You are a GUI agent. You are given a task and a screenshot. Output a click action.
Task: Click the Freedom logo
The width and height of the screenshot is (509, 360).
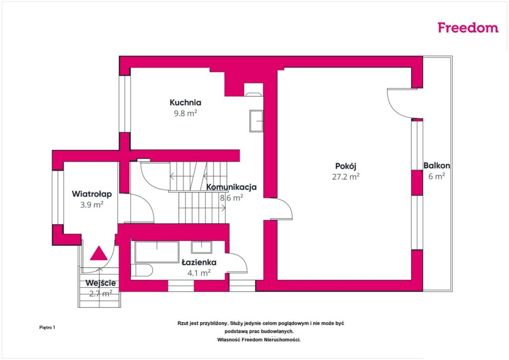pos(468,27)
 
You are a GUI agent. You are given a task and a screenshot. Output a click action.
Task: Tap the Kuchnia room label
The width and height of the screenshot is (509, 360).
pos(185,102)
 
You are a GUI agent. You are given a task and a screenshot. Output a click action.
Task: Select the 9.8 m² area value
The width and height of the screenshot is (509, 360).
pos(185,113)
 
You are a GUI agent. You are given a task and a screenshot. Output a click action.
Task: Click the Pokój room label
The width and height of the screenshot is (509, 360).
pos(346,166)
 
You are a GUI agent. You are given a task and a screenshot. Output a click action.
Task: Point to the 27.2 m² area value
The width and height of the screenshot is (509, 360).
pos(346,177)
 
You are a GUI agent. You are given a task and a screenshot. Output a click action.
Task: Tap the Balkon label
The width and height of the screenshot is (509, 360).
pos(436,166)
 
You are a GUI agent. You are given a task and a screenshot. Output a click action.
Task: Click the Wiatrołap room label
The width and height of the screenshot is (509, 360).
pos(92,194)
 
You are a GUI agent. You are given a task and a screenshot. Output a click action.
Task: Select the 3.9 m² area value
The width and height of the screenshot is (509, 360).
pos(92,205)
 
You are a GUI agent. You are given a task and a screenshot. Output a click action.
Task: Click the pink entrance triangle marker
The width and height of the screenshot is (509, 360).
pos(99,253)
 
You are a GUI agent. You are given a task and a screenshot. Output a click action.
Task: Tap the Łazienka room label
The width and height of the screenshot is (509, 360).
pos(199,262)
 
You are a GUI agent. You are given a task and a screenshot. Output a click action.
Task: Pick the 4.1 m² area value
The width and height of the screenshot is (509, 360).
pos(199,273)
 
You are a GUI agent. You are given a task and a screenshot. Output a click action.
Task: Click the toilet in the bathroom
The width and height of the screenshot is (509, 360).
pos(142,270)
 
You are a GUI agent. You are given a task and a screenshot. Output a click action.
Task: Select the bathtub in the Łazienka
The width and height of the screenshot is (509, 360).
pos(157,252)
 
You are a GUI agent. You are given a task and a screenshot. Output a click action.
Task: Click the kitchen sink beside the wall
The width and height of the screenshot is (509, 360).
pos(256,121)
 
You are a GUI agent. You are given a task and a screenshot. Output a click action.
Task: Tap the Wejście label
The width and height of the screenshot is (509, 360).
pos(100,283)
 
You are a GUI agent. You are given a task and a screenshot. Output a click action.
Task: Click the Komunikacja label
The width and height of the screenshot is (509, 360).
pos(232,187)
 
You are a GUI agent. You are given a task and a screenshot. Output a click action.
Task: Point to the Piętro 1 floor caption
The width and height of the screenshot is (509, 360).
pos(47,328)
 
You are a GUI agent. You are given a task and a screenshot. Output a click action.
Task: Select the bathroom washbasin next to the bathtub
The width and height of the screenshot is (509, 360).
pos(202,247)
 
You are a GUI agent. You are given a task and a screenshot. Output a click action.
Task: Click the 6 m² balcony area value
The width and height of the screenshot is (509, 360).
pos(436,176)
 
